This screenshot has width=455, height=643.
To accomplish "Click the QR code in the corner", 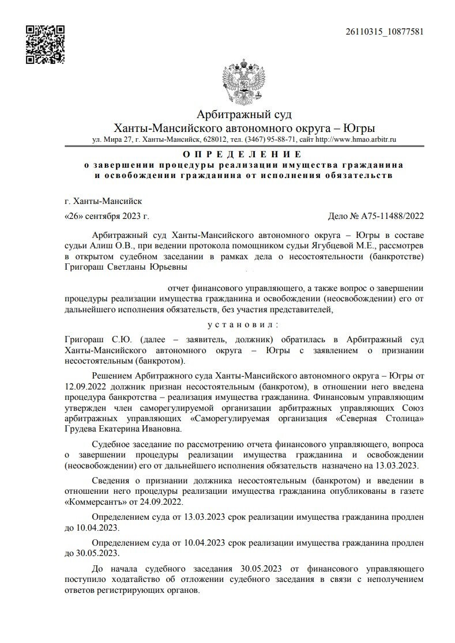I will (45, 44).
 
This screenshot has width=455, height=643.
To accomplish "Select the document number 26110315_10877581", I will (384, 31).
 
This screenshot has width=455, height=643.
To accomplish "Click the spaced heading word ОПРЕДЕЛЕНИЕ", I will (242, 154).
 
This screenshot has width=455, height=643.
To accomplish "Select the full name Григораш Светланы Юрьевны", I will (126, 267).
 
